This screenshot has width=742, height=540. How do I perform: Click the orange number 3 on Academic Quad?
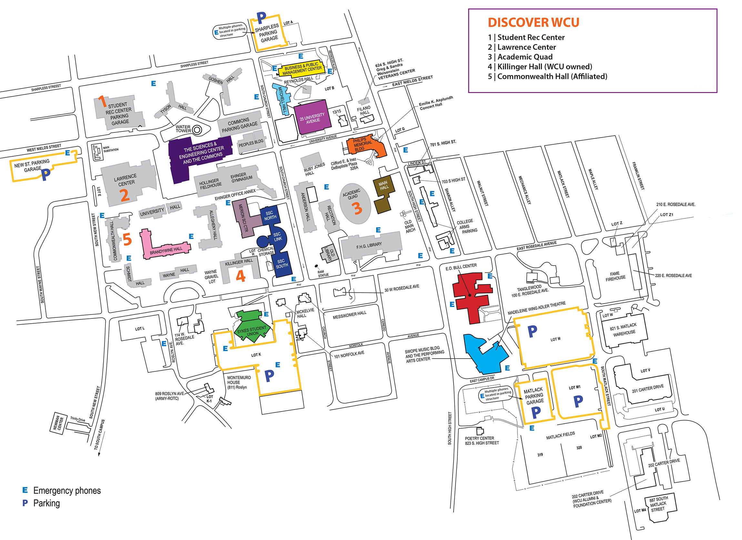pos(358,208)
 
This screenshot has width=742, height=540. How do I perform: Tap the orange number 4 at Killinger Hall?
pos(241,276)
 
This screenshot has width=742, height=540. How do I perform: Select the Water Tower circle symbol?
pos(197,130)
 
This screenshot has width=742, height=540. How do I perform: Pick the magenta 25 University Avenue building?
pos(312,117)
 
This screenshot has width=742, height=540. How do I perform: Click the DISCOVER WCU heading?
pos(533,23)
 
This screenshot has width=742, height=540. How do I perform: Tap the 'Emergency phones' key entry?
pos(67,491)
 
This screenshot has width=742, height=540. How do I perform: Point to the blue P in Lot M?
pos(532,331)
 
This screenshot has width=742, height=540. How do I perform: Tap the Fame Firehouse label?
pos(615,276)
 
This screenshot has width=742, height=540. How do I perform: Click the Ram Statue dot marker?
pos(316,266)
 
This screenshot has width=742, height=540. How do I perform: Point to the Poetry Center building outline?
pos(480,431)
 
